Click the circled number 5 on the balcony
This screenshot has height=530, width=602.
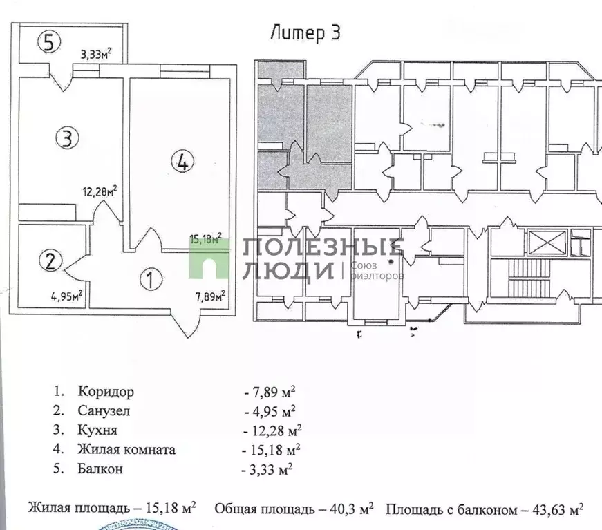point(46,43)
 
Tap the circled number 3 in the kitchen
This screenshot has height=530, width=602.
point(66,138)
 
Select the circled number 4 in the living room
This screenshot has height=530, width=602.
point(181,162)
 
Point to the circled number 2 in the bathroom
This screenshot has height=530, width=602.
point(50,261)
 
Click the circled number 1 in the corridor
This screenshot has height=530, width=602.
point(151,279)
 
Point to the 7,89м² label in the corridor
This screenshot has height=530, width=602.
point(210,297)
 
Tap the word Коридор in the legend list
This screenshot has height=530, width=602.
point(106,392)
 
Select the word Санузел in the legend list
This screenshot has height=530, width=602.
point(104,411)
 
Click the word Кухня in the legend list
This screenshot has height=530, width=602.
point(97,430)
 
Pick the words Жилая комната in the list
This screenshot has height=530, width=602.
point(126,449)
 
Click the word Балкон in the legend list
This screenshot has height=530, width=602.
point(101,469)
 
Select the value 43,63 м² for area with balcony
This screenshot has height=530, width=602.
point(554,510)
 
